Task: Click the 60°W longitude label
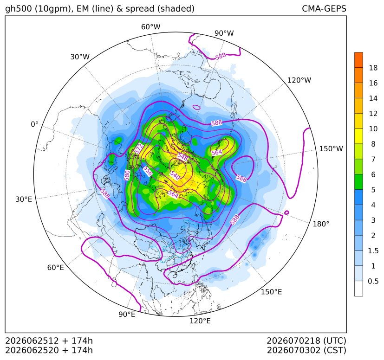pos(150,27)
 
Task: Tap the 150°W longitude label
pos(331,149)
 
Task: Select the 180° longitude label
pos(321,224)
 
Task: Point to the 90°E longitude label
pos(127,315)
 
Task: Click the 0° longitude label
pos(34,124)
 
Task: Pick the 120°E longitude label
pos(200,321)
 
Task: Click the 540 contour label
pos(175,175)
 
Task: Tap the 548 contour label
pos(182,156)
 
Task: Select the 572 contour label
pos(139,149)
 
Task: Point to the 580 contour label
pos(127,175)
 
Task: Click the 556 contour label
pos(148,171)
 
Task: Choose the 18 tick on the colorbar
pos(373,68)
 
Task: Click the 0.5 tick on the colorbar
pos(373,281)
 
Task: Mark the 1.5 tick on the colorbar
pos(373,251)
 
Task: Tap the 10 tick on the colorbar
pos(373,129)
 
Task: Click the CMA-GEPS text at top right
pos(324,8)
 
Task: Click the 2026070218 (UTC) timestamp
pos(306,341)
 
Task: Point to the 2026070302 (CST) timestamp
pos(306,350)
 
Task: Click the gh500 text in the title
pos(19,9)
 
